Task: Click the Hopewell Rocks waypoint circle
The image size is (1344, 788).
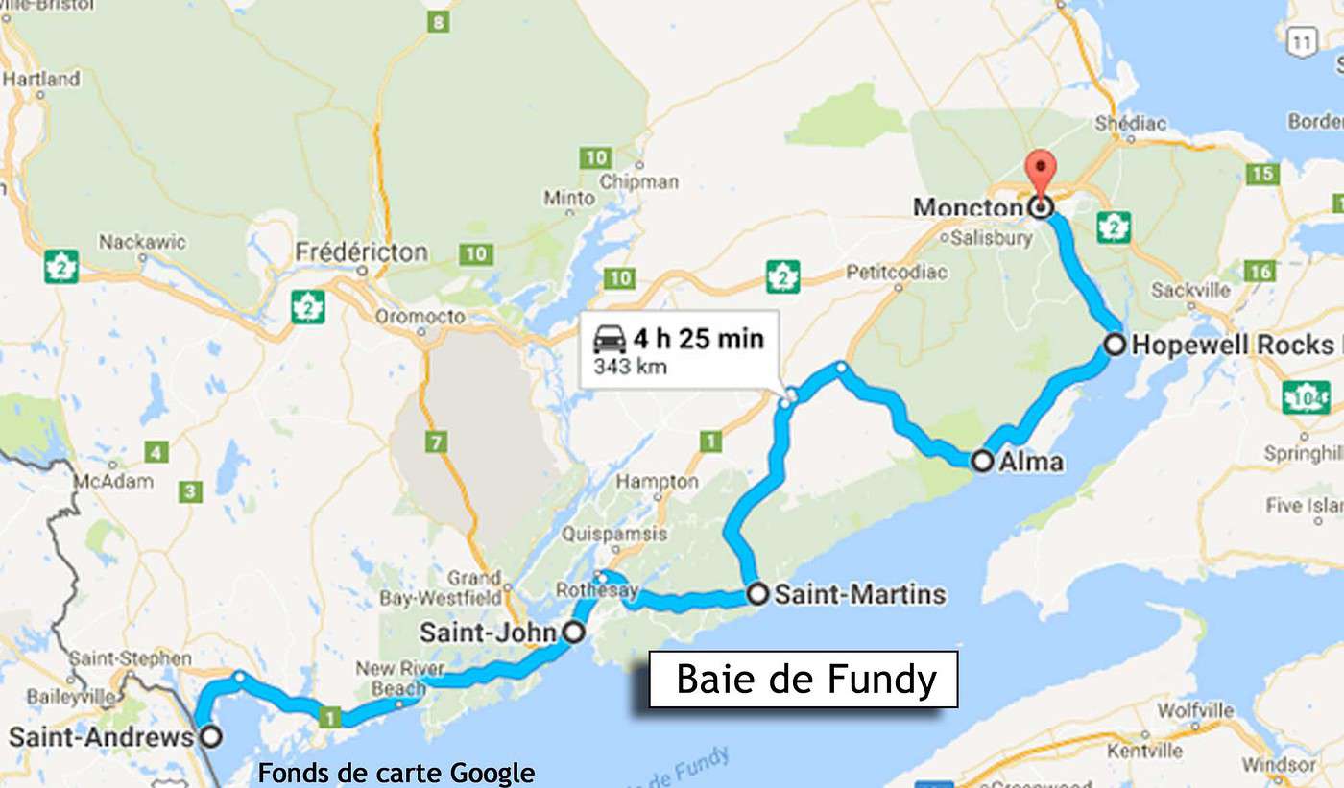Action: (x=1115, y=345)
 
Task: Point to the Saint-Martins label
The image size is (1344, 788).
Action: (x=859, y=594)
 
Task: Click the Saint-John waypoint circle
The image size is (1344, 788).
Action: (x=572, y=632)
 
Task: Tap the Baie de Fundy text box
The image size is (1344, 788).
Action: (x=804, y=680)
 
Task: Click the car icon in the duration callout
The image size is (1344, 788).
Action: (x=610, y=339)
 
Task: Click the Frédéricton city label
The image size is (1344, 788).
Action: (x=361, y=252)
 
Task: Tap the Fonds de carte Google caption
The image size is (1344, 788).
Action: (x=396, y=773)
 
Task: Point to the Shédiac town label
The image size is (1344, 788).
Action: (x=1130, y=123)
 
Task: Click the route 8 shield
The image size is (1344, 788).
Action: (x=438, y=21)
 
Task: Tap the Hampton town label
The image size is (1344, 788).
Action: (x=657, y=481)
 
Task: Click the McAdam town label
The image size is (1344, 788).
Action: (x=115, y=481)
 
